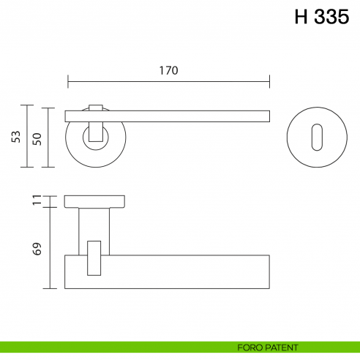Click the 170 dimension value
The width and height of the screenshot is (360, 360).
point(168,70)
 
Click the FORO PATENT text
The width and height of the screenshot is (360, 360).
point(267,347)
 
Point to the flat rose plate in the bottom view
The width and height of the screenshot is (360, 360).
point(95,201)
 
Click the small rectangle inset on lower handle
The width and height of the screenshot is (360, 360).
point(94,258)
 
